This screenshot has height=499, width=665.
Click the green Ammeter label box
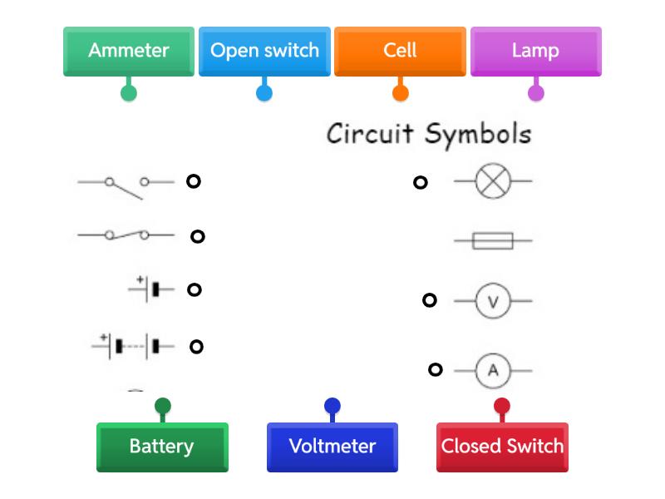coord(129,51)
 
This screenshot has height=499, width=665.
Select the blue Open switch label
coord(264,51)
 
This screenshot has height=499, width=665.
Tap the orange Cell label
coord(400,51)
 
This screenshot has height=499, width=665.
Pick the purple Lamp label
coord(535,51)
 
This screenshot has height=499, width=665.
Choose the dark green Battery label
coord(162,447)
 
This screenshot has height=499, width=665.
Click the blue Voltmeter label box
coord(332,447)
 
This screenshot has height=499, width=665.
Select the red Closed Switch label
coord(502,447)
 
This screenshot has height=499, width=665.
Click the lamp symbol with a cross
coord(493,180)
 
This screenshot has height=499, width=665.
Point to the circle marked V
coord(493,301)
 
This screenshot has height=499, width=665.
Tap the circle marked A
coord(493,371)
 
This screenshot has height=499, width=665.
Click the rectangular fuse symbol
coord(493,241)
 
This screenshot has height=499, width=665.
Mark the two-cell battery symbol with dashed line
coord(134,345)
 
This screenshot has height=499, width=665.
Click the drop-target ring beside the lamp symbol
coord(421,182)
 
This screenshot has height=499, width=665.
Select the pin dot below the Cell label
coord(401,92)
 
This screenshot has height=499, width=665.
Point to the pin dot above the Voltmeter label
coord(332,407)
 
